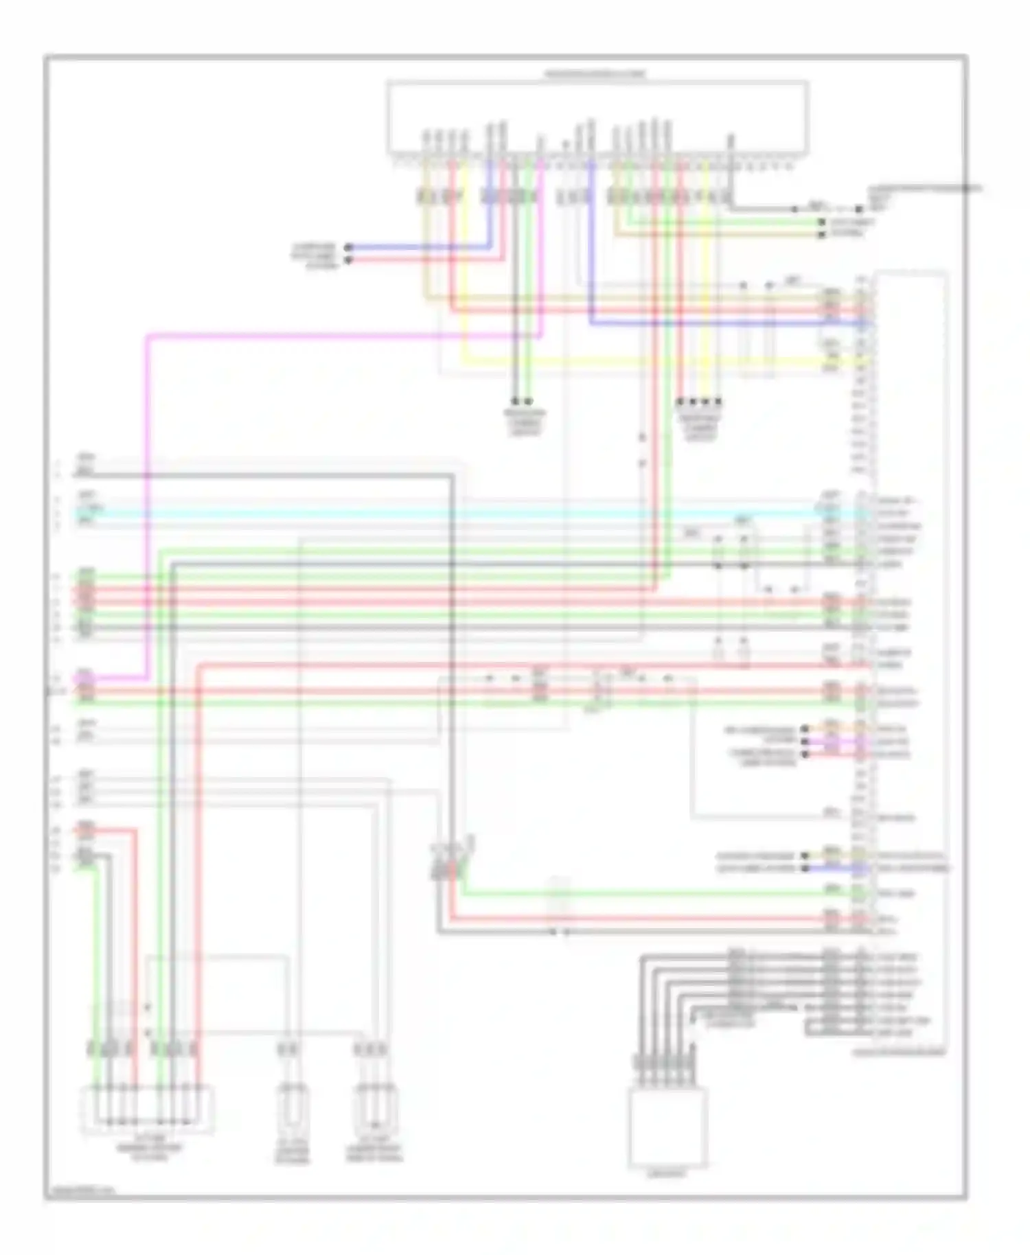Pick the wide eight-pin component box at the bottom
click(x=148, y=1109)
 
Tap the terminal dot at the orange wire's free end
click(x=805, y=728)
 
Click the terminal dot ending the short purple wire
click(x=805, y=741)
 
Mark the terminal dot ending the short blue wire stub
click(x=805, y=868)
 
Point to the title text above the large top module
click(x=596, y=73)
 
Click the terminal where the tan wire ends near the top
click(x=821, y=234)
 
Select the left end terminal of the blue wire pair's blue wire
click(x=348, y=246)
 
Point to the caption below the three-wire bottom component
click(x=374, y=1153)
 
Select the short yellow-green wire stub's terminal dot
click(x=805, y=856)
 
